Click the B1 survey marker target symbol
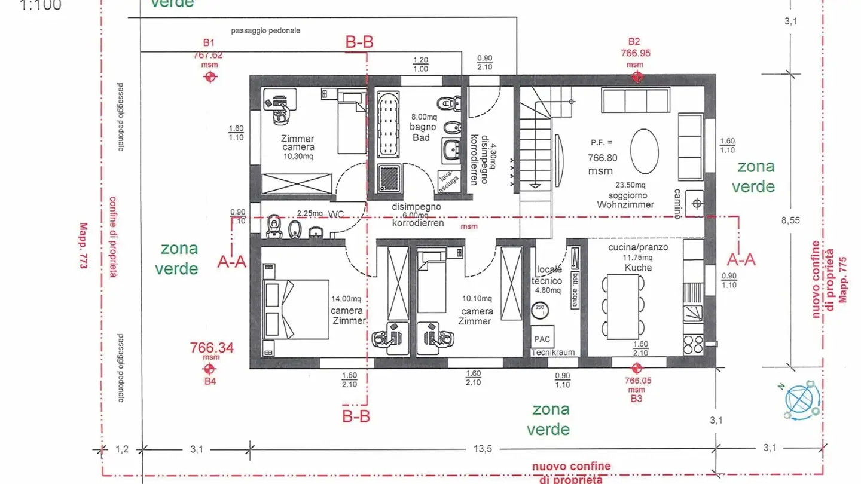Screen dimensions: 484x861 click(209, 77)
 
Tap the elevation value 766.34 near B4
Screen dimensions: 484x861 click(211, 348)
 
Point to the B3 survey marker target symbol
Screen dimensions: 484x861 click(636, 368)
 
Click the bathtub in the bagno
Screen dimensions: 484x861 click(389, 122)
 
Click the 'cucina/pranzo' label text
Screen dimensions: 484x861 click(638, 247)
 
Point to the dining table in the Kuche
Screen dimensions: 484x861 click(625, 304)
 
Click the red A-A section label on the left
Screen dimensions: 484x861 click(232, 261)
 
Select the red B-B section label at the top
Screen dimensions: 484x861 click(360, 42)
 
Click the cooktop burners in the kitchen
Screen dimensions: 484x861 click(693, 345)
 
